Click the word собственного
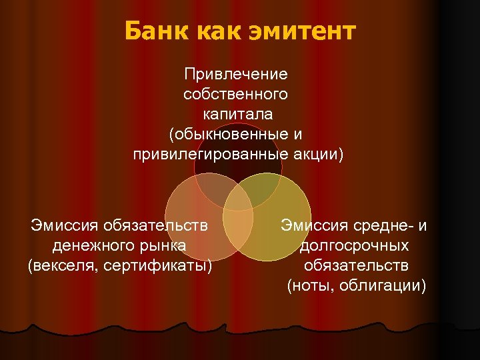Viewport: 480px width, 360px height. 236,93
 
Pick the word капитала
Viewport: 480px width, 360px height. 237,114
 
